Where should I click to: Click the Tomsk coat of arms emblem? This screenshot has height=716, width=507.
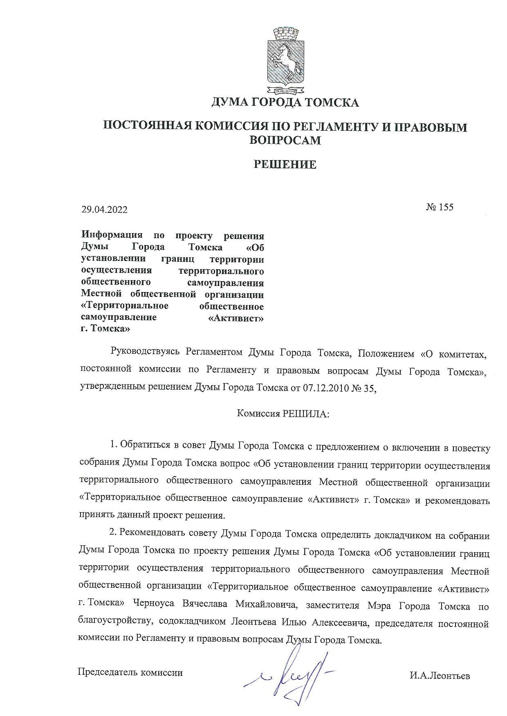(285, 60)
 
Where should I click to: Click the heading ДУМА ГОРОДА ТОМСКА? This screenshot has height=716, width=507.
(285, 102)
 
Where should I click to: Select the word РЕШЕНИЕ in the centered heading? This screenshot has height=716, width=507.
(285, 165)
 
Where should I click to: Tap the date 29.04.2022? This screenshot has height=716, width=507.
(104, 210)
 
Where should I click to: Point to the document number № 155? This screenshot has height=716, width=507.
(440, 207)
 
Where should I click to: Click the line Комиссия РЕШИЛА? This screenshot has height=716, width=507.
(283, 414)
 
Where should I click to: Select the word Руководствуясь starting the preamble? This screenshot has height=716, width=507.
(145, 353)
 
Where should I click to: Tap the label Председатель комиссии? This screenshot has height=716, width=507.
(130, 672)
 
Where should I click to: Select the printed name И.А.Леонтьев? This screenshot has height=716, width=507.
(440, 676)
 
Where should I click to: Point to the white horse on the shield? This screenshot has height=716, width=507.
(286, 61)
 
